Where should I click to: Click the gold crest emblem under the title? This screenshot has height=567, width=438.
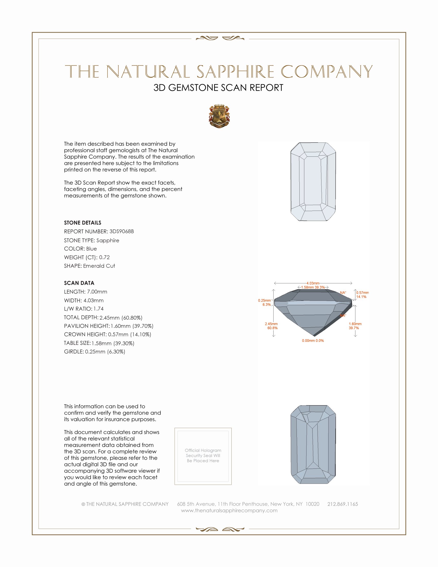pos(219,116)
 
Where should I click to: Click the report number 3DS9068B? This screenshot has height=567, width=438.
pos(121,231)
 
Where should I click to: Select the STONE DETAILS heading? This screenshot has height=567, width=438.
pos(82,223)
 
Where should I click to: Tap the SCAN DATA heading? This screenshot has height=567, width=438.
pos(79,283)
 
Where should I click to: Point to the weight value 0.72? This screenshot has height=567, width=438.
pos(104,257)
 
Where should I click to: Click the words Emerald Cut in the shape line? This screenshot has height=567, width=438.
pos(99,266)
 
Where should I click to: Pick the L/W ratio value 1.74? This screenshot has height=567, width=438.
pos(99,309)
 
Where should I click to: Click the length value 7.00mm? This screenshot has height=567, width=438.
pos(97,291)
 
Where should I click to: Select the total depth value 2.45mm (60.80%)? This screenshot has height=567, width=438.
pos(121,318)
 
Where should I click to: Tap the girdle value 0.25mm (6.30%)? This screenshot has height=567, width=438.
pos(105,352)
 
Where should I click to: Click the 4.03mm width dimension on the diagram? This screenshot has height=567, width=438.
pos(313,283)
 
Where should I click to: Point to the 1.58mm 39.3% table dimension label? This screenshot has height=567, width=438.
pos(313,287)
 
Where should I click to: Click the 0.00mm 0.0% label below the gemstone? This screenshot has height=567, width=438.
pos(313,341)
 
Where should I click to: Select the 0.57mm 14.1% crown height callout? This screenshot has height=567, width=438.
pos(362,295)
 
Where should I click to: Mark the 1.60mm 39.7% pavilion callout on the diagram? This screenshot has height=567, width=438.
pos(355,326)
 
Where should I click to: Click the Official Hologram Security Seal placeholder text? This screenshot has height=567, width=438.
pos(203,455)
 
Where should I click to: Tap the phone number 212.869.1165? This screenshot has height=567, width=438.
pos(342,504)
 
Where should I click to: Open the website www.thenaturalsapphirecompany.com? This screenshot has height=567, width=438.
pos(229,510)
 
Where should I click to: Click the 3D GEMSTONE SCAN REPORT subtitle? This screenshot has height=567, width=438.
pos(218,88)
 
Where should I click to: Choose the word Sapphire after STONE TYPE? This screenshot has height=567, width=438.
pos(108,240)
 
